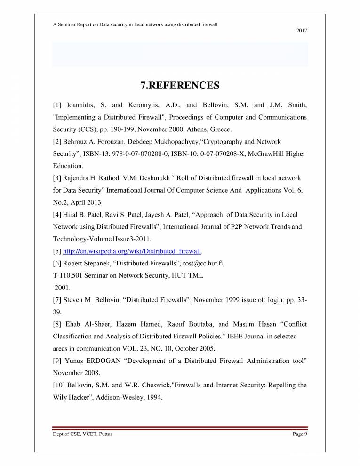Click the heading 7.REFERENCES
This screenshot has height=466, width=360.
click(180, 86)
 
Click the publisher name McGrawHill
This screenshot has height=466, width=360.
click(265, 154)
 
